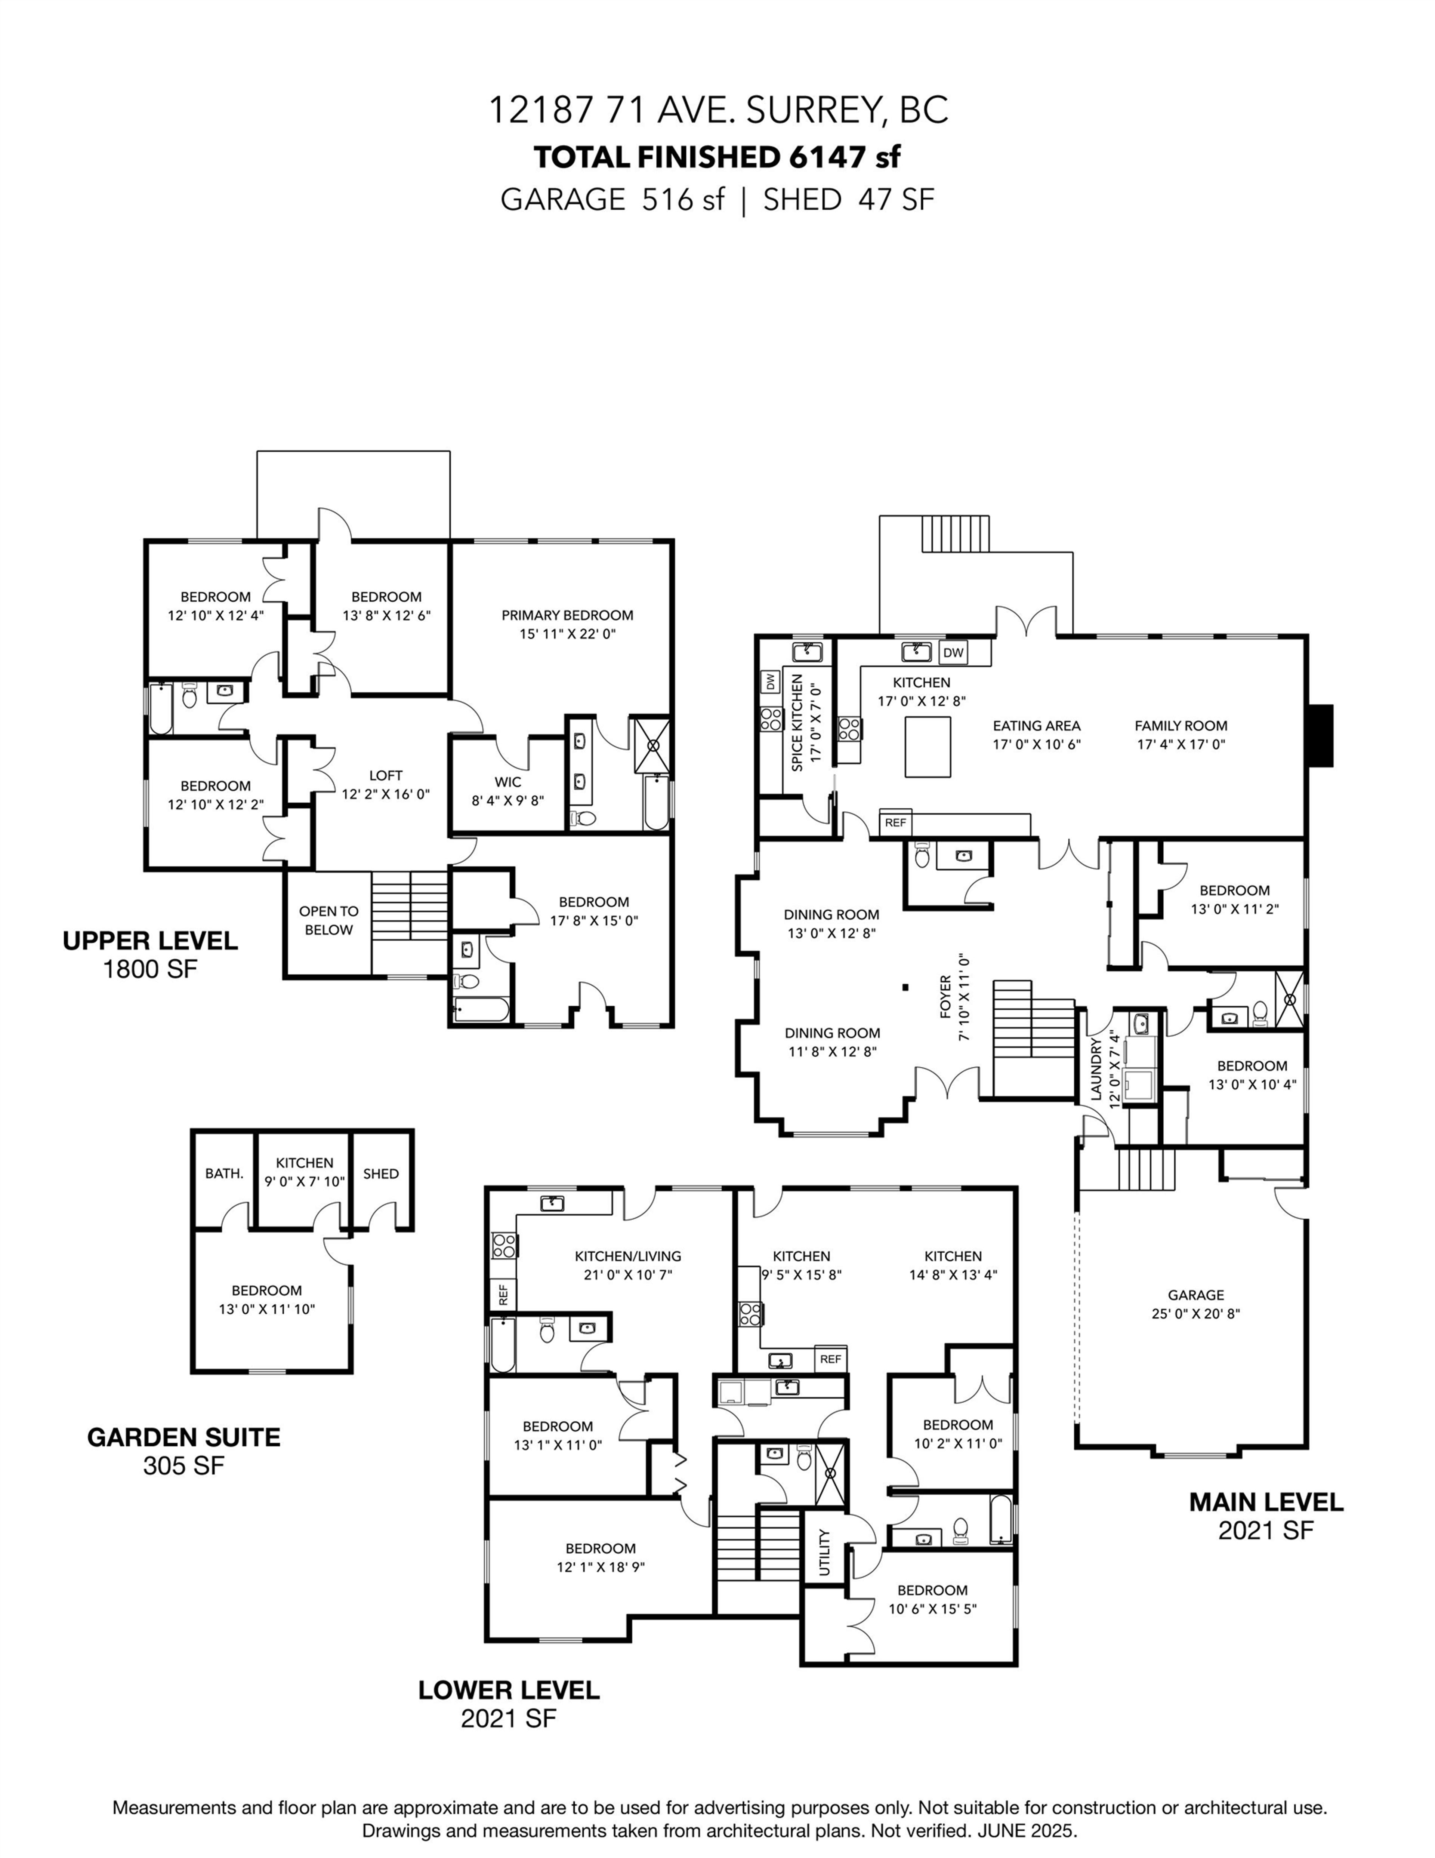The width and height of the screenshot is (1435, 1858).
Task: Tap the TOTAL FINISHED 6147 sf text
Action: point(717,157)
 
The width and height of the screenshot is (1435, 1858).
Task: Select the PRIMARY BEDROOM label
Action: point(567,615)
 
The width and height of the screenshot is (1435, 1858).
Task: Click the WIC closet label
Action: point(508,782)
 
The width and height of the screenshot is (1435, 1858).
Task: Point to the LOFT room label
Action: point(385,775)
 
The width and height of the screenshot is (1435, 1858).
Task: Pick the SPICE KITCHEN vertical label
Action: point(797,722)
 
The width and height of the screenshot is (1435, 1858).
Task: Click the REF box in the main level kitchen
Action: point(895,823)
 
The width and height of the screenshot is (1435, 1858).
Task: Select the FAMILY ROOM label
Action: point(1181,726)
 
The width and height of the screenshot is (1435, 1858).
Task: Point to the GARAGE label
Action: point(1195,1295)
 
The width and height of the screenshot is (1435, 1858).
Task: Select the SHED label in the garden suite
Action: point(380,1174)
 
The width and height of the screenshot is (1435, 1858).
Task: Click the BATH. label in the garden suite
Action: point(224,1174)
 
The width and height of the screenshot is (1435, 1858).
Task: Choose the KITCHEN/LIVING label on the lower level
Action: point(628,1256)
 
